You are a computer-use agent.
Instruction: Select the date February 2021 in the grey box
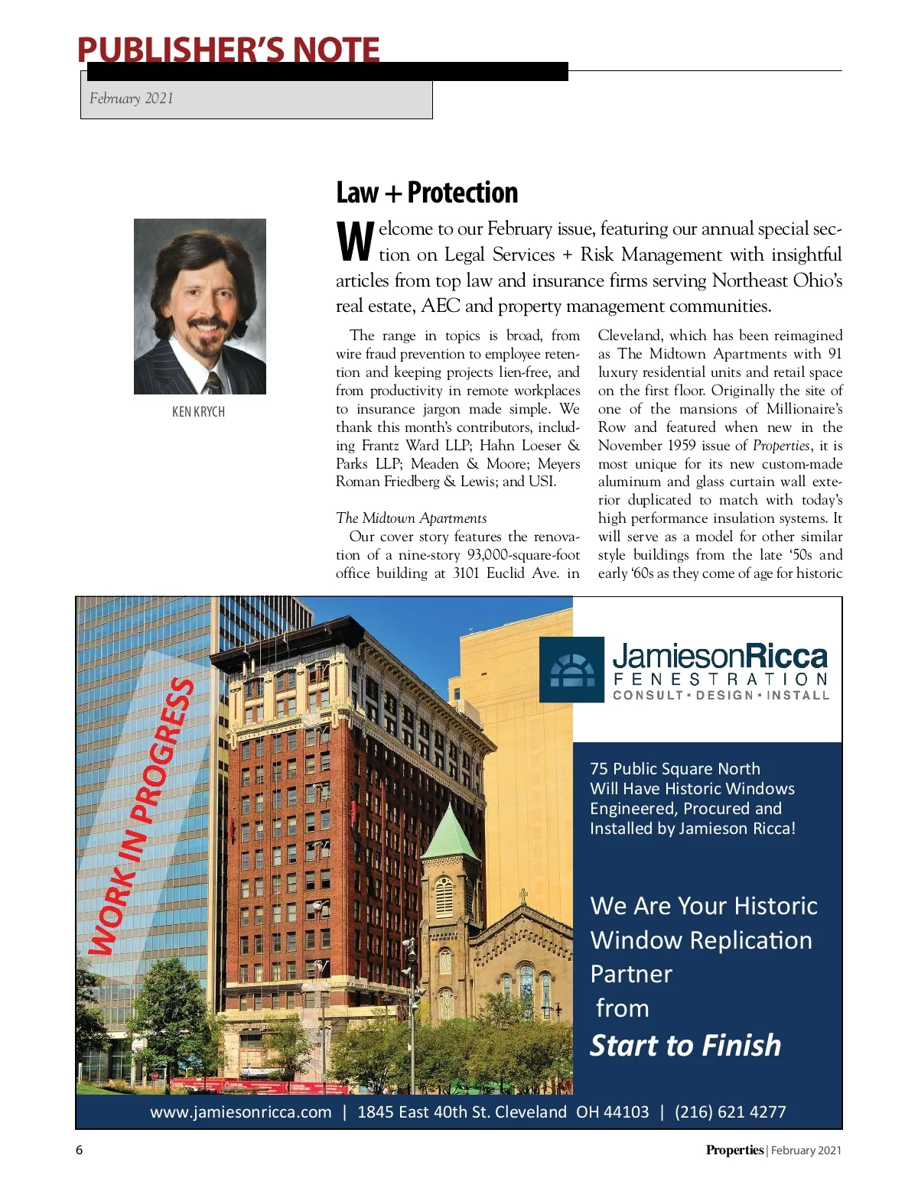tap(132, 99)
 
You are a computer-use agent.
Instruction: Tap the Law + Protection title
tap(427, 193)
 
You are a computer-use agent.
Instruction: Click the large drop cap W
tap(355, 242)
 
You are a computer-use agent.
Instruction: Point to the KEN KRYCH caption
tap(198, 412)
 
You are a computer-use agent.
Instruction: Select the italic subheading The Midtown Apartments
tap(411, 518)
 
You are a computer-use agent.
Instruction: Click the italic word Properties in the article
tap(780, 446)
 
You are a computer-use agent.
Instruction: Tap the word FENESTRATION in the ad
tap(720, 680)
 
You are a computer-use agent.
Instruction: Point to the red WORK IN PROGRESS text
tap(142, 815)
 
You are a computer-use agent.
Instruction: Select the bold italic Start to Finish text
tap(685, 1045)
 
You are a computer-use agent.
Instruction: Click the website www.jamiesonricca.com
tap(241, 1112)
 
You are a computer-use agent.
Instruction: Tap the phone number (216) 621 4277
tap(730, 1112)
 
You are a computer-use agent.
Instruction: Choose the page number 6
tap(79, 1150)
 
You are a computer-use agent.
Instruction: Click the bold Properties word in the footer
tap(734, 1150)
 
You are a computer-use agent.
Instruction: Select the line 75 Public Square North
tap(675, 769)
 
